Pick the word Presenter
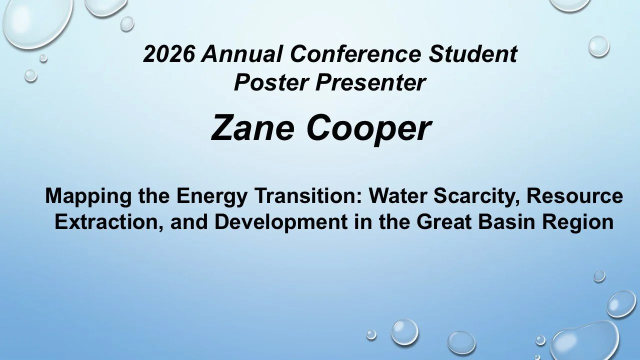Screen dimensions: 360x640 click(370, 82)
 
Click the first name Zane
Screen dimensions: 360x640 click(253, 127)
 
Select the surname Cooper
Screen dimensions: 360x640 click(368, 127)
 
